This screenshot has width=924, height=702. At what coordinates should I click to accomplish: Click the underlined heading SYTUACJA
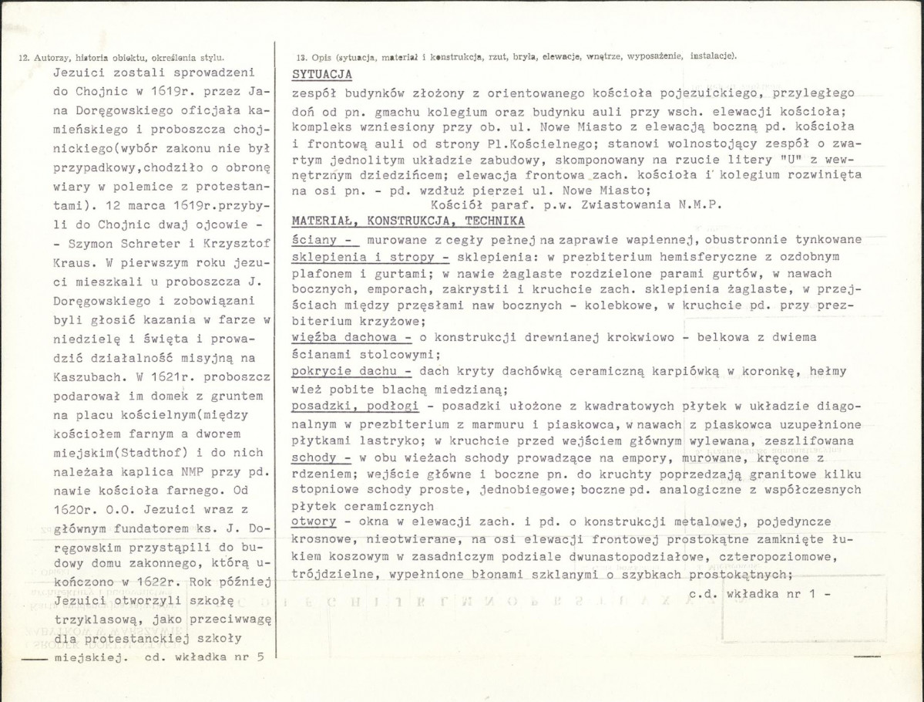pos(322,74)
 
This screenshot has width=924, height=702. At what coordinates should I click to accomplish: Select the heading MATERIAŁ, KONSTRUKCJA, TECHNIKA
pos(408,221)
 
